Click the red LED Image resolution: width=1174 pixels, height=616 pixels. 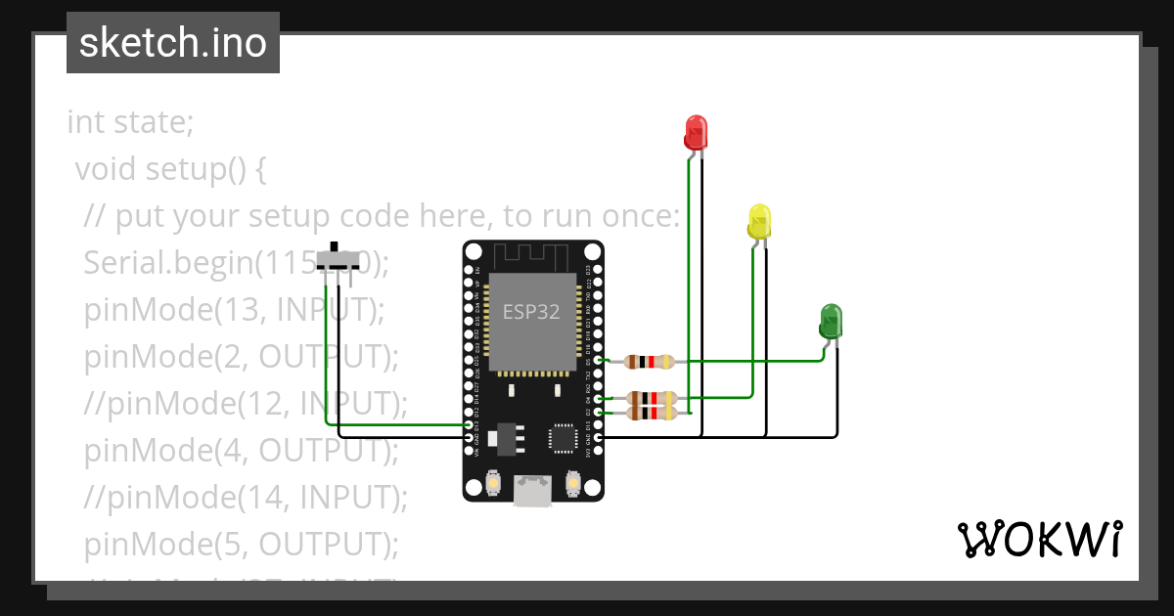pyautogui.click(x=696, y=132)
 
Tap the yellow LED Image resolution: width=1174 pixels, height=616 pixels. pyautogui.click(x=759, y=222)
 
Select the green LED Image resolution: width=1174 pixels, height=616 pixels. pyautogui.click(x=831, y=321)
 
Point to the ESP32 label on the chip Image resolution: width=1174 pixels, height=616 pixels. pyautogui.click(x=531, y=312)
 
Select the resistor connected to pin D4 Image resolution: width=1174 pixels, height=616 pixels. pyautogui.click(x=650, y=398)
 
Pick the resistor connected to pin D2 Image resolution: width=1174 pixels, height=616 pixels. pyautogui.click(x=650, y=414)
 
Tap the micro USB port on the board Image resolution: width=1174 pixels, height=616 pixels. pyautogui.click(x=533, y=490)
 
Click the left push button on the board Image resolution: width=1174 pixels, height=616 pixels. pyautogui.click(x=492, y=484)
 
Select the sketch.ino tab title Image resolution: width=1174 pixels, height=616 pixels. pyautogui.click(x=173, y=43)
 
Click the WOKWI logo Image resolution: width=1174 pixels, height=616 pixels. pyautogui.click(x=1039, y=539)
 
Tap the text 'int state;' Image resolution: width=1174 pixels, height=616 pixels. pyautogui.click(x=130, y=123)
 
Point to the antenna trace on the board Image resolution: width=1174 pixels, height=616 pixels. pyautogui.click(x=532, y=256)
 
